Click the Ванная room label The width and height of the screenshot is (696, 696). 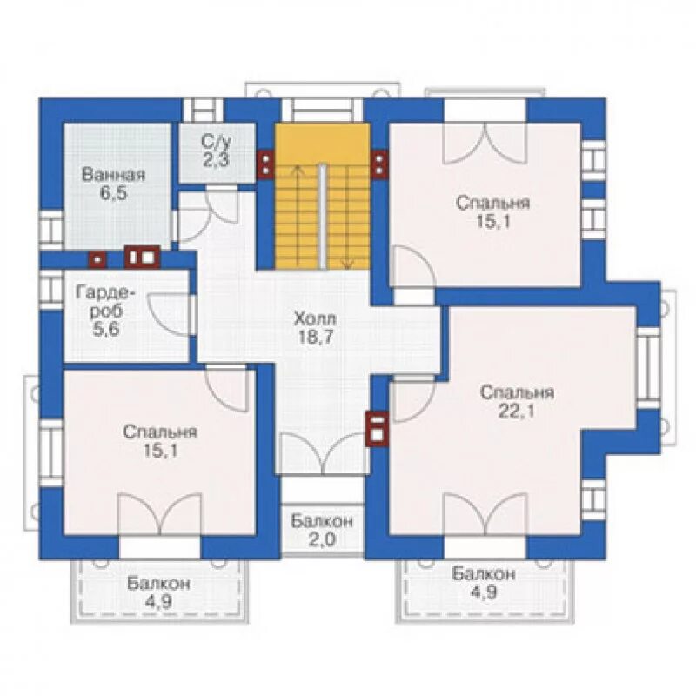point(114,175)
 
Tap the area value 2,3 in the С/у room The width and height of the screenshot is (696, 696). point(216,160)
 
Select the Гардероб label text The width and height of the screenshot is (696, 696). point(105,302)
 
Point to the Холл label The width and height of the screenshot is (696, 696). point(315,318)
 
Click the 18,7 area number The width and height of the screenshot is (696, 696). point(315,338)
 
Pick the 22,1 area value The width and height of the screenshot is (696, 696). point(517,412)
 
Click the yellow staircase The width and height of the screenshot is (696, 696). point(323,197)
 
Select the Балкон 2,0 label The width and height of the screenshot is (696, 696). point(322,530)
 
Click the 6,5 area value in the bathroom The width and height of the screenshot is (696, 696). point(114,194)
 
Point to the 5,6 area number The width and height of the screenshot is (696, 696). point(106,330)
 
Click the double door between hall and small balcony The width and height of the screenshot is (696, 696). point(323,452)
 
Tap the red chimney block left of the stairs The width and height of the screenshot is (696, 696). point(265,164)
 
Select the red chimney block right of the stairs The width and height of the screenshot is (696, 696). point(379,164)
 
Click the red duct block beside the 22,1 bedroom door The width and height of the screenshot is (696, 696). point(377,428)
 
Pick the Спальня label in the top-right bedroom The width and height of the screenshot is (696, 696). point(492,203)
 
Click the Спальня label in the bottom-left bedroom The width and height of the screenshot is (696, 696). point(160,432)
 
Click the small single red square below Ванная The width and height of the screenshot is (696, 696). point(97,259)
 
